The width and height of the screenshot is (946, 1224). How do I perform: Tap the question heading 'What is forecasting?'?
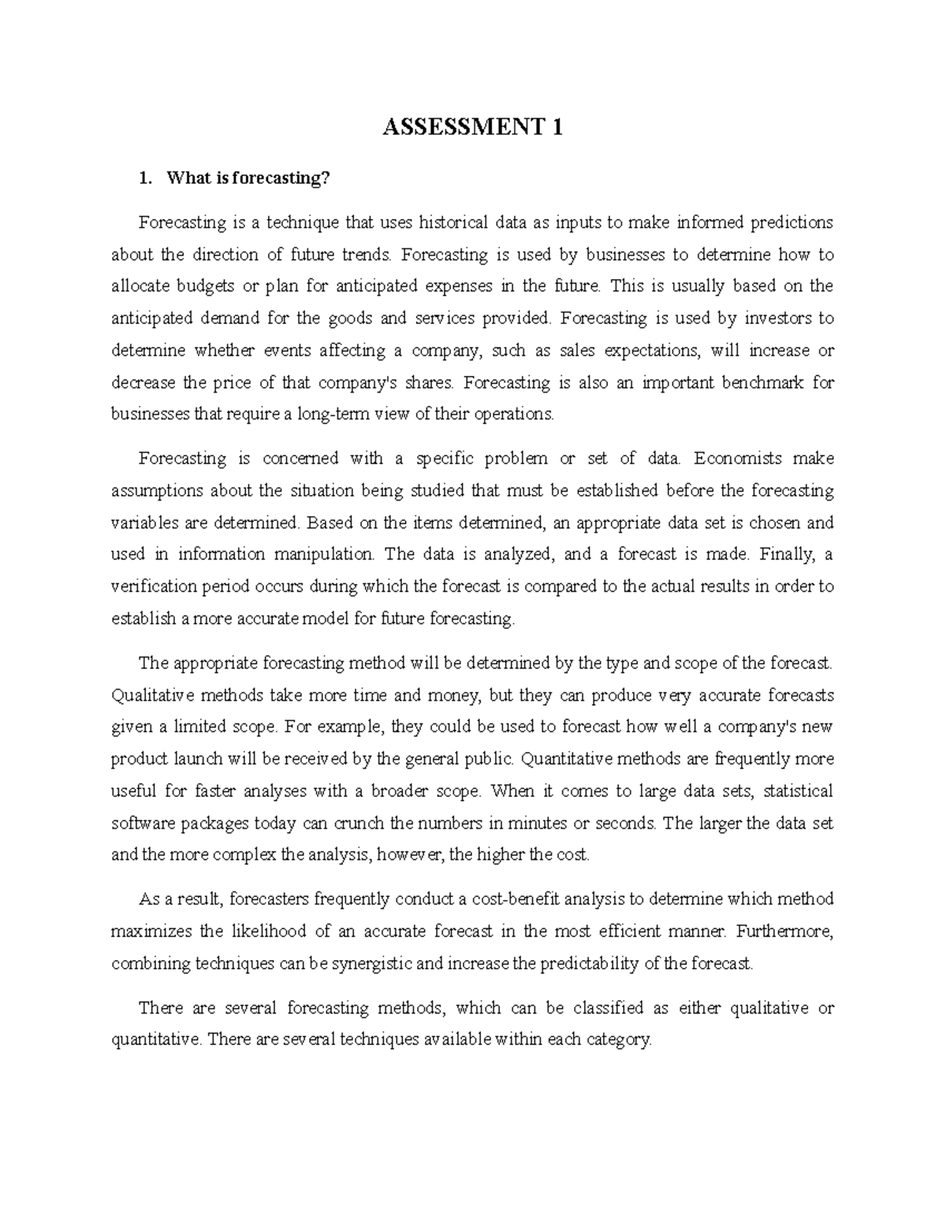point(246,179)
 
